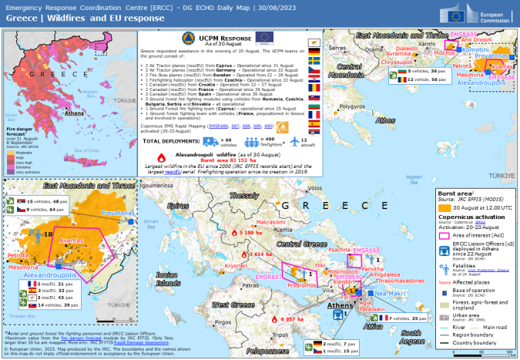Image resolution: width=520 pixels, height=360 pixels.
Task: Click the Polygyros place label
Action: click(351, 106)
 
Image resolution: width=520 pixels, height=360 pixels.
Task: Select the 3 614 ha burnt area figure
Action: click(262, 254)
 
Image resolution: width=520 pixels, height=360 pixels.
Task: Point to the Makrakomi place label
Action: click(270, 221)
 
